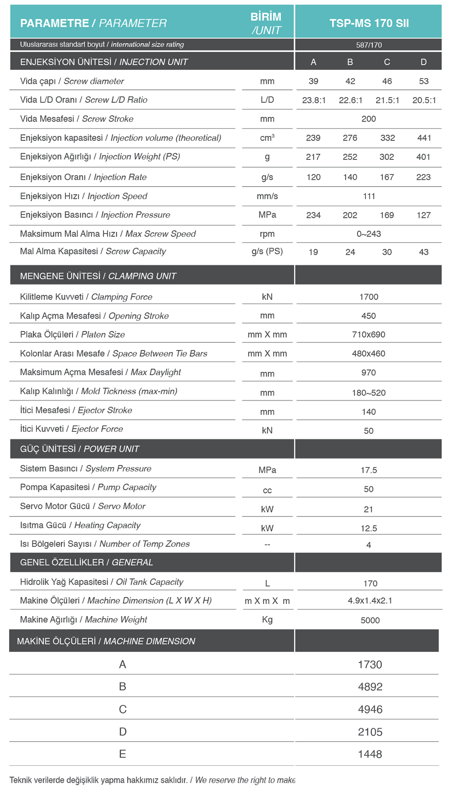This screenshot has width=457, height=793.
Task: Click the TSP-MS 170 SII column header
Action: pos(369,23)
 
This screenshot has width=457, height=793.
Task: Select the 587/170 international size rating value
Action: pos(369,45)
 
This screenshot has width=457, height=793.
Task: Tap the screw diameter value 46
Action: pos(387,81)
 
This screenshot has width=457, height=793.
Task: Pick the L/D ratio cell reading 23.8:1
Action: pos(314,100)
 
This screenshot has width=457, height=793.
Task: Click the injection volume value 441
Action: pos(424,138)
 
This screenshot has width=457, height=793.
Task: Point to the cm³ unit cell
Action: pos(267,138)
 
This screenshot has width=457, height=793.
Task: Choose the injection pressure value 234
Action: pos(313,215)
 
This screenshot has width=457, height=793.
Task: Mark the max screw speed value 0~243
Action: pos(369,234)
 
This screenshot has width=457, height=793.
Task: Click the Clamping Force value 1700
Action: pos(369,297)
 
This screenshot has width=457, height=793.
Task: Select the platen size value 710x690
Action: pos(369,335)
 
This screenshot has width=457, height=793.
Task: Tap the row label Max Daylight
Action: pos(100,372)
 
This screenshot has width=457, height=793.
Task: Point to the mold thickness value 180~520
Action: pos(369,393)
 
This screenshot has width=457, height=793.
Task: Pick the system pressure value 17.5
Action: pos(369,470)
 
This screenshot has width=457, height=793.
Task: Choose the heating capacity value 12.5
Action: pos(369,528)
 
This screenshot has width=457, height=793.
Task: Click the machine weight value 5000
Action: pos(370,620)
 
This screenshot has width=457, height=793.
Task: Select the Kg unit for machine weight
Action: pos(267,619)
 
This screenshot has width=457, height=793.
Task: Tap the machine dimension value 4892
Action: pos(370,687)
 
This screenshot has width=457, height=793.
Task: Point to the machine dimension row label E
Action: pos(122,754)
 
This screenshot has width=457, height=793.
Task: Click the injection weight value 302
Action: pos(387,157)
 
